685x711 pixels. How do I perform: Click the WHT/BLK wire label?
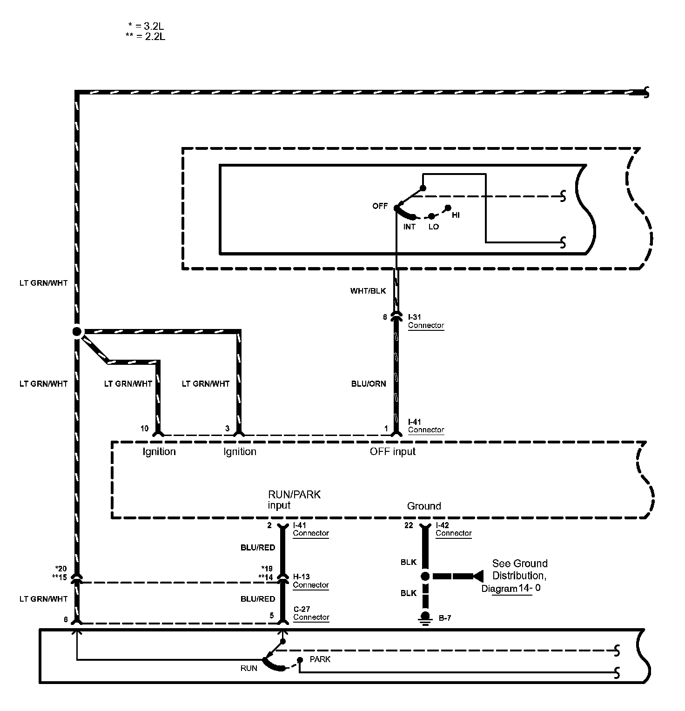click(368, 291)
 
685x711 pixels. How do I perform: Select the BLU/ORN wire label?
click(368, 384)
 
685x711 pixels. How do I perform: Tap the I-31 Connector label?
click(426, 321)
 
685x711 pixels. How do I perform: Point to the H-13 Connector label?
click(310, 581)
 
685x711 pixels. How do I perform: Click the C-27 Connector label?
click(311, 613)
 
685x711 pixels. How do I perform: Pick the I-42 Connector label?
click(453, 529)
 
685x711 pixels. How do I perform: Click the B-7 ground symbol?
click(425, 617)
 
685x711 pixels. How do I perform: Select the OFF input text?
click(392, 451)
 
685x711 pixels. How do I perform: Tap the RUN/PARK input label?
click(294, 499)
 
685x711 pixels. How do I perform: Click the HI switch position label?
click(456, 215)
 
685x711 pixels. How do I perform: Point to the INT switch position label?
click(409, 227)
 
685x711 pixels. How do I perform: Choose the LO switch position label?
click(433, 227)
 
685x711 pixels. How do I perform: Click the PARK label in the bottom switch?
click(320, 659)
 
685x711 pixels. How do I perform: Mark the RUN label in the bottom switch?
click(248, 668)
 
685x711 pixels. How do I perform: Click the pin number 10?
click(144, 429)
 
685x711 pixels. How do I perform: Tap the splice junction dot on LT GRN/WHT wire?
click(77, 332)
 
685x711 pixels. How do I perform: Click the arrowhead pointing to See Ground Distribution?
click(477, 576)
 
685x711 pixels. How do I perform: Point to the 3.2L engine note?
click(147, 27)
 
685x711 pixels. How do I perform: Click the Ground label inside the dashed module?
click(423, 506)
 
